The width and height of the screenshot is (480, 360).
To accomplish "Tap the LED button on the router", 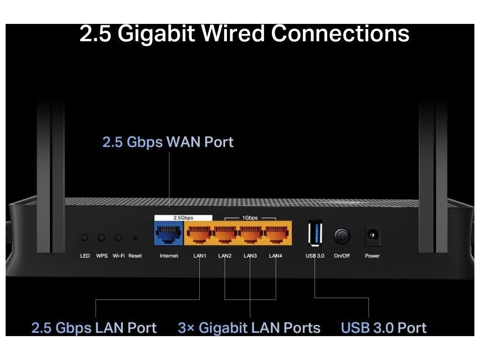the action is click(84, 238).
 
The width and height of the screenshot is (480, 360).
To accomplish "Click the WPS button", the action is click(101, 238).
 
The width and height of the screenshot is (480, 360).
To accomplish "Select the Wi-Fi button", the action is click(119, 238).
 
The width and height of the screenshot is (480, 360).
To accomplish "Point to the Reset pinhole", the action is click(135, 238).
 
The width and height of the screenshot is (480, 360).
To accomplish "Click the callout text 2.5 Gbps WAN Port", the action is click(168, 142).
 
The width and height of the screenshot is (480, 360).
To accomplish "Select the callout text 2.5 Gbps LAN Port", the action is click(94, 328).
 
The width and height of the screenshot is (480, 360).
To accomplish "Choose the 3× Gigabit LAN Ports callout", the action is click(249, 328).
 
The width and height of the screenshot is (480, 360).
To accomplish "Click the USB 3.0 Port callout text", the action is click(383, 328).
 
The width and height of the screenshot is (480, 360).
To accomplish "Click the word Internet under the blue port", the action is click(169, 256).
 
